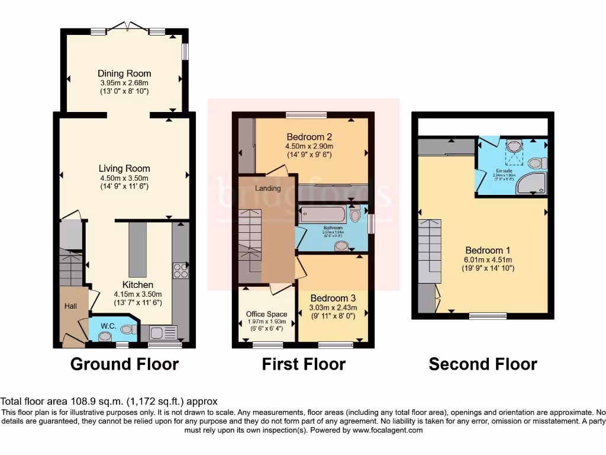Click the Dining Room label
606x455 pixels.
(x=124, y=73)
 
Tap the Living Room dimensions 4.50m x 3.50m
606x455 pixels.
(x=124, y=178)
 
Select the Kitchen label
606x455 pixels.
(x=138, y=284)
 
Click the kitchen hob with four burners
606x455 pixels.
(x=180, y=271)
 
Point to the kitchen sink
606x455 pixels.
(x=163, y=332)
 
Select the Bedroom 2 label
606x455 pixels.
(x=310, y=137)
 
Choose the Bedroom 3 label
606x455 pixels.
(x=333, y=298)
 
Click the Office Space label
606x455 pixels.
(x=266, y=314)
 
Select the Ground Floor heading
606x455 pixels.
(x=124, y=364)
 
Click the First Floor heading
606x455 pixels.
(x=304, y=364)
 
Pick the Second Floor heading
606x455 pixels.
(x=483, y=364)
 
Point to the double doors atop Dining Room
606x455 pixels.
(x=127, y=27)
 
